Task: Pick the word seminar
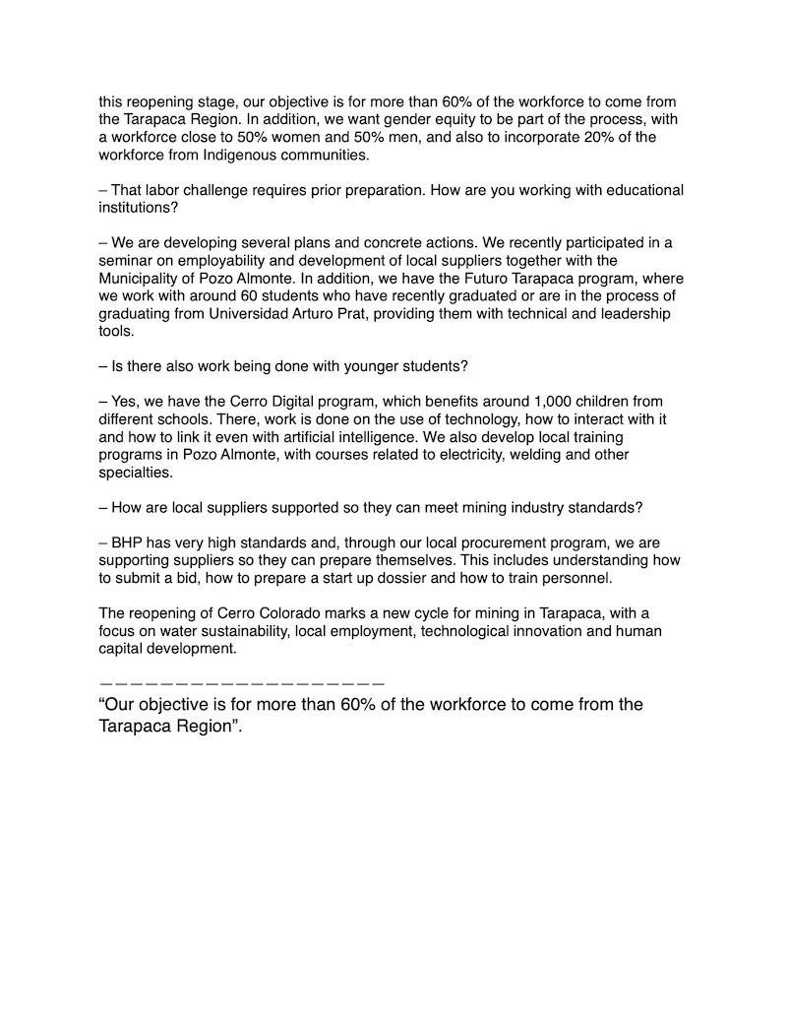click(x=128, y=260)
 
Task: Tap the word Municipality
click(x=142, y=278)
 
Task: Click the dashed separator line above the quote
click(x=241, y=682)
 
